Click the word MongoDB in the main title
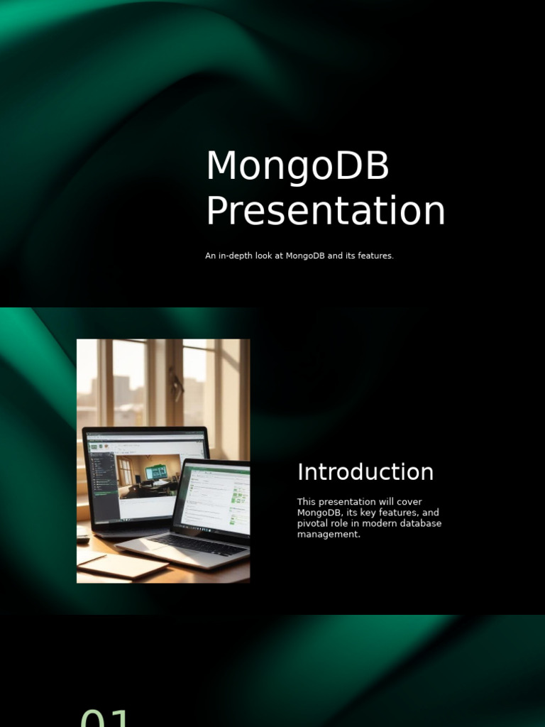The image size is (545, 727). [297, 165]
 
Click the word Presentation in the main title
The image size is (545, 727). [325, 211]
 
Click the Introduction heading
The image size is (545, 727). [365, 472]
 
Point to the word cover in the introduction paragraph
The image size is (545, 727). [409, 502]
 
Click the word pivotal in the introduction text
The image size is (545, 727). [313, 523]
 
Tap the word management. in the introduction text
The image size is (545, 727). [329, 534]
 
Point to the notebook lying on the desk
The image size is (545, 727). [123, 567]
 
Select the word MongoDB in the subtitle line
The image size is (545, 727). [305, 256]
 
